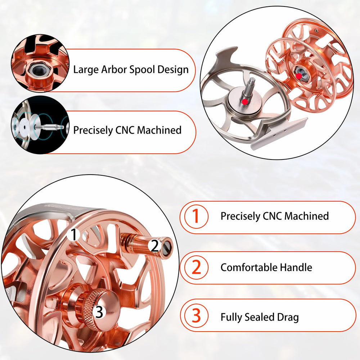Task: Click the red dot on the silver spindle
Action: tap(245, 102)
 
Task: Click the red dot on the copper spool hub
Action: tap(299, 76)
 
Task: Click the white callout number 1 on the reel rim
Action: tap(74, 235)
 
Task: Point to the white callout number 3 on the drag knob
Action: tap(99, 312)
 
